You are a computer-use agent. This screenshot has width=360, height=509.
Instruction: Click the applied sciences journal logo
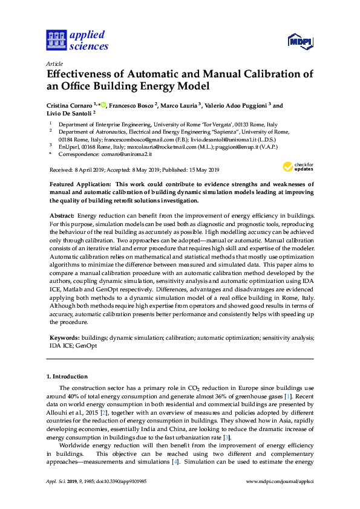pos(77,40)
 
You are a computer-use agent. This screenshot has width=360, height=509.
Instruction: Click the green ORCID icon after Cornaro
pos(103,105)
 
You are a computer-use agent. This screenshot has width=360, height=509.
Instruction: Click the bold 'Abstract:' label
pos(61,216)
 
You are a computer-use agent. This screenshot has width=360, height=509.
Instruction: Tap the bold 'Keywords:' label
pos(64,339)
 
